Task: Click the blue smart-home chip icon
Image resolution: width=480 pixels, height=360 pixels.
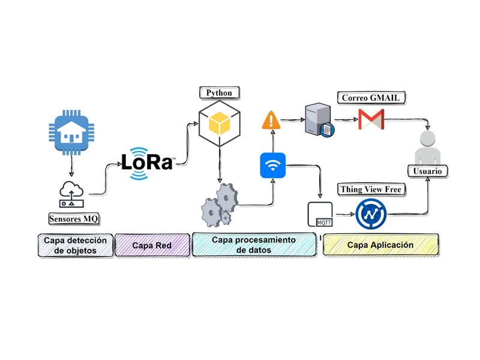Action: click(71, 133)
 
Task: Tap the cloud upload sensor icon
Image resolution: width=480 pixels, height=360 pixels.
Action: click(71, 194)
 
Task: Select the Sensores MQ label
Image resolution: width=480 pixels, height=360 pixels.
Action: click(74, 219)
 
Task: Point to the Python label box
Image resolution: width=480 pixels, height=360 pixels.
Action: click(219, 93)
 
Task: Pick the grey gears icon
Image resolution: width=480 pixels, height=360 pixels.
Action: click(220, 205)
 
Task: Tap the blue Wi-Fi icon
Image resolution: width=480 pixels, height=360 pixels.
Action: click(273, 166)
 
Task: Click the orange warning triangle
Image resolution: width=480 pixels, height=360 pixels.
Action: click(271, 120)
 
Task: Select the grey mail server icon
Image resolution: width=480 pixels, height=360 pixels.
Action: click(320, 119)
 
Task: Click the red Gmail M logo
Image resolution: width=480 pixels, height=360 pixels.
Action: click(371, 119)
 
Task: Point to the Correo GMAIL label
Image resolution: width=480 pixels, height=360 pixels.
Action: click(371, 98)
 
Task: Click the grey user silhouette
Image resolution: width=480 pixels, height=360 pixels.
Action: click(428, 148)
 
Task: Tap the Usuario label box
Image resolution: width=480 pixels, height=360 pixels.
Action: click(428, 171)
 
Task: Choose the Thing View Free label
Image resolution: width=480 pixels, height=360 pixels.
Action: click(371, 190)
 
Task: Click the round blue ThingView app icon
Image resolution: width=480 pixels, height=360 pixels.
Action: click(371, 214)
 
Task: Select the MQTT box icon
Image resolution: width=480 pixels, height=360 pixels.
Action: click(320, 214)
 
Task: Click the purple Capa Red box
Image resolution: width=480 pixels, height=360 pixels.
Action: click(152, 245)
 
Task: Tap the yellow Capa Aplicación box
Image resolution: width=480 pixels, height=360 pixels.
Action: click(380, 245)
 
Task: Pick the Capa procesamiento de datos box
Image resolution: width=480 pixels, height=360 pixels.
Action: click(254, 245)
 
